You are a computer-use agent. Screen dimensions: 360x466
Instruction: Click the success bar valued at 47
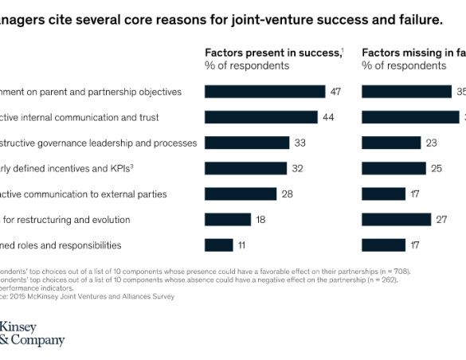(x=264, y=92)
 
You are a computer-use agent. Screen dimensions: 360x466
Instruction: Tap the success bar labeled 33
(x=247, y=143)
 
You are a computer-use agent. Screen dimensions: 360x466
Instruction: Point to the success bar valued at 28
(x=241, y=194)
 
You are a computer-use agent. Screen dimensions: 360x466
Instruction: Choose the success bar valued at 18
(x=228, y=219)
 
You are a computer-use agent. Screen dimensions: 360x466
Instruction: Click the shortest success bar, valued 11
(x=219, y=245)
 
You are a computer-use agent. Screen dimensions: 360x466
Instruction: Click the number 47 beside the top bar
(x=335, y=92)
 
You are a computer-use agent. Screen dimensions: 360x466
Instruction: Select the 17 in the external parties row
(x=415, y=194)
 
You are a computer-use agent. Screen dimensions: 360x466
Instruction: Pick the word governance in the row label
(x=59, y=143)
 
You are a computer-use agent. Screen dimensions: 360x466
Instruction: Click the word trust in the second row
(x=148, y=118)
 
